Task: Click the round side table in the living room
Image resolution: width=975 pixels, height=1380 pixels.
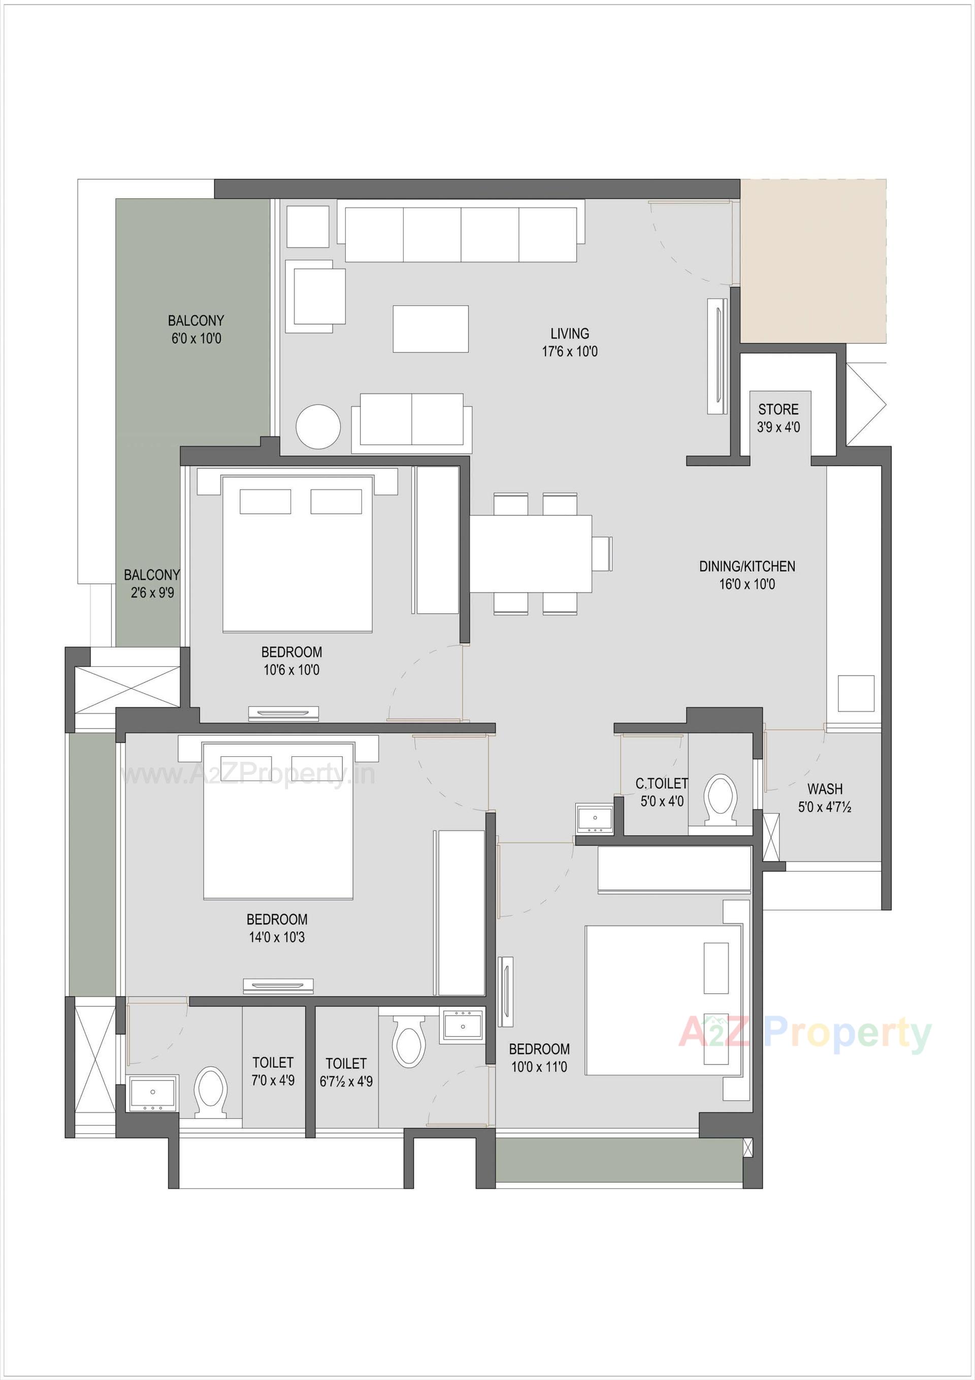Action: point(318,426)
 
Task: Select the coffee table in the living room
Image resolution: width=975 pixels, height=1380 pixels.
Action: point(431,329)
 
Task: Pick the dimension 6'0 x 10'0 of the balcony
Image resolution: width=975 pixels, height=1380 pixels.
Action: point(196,338)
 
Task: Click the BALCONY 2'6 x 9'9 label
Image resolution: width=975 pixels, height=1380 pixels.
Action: point(152,583)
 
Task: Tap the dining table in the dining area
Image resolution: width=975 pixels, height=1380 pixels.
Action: point(529,553)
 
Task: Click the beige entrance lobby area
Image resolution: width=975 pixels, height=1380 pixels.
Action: point(812,262)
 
